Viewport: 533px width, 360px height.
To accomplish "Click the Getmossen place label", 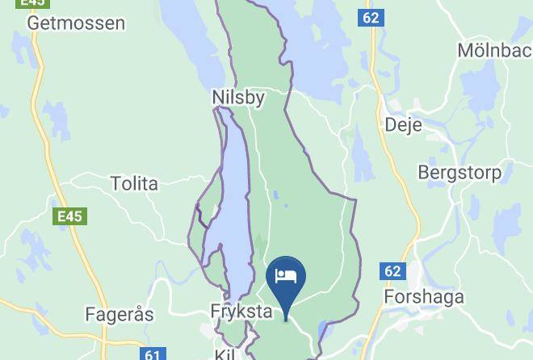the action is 76,23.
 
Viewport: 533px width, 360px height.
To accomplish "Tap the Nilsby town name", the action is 237,97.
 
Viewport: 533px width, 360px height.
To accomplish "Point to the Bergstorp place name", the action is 459,173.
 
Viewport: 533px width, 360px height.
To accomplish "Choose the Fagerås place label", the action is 120,314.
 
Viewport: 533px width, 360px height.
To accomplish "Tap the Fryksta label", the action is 238,311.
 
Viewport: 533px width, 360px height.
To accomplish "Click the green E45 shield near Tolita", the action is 69,216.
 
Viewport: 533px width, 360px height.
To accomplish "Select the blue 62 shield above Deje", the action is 371,17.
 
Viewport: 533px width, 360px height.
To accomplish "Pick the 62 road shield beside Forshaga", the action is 392,271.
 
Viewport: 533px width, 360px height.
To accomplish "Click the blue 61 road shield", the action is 154,354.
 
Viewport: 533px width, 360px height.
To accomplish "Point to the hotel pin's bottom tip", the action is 286,320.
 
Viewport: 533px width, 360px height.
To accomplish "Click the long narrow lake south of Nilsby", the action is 233,202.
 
